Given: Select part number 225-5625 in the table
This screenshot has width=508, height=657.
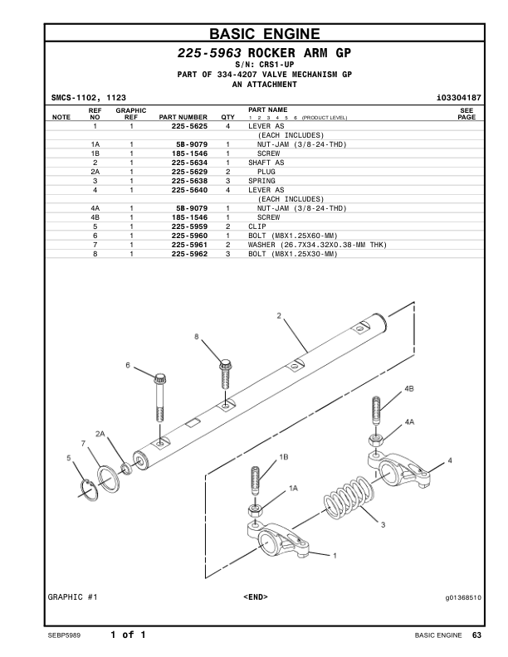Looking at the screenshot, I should coord(189,126).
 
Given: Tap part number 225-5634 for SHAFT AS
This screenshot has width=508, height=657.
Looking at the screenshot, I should coord(189,163).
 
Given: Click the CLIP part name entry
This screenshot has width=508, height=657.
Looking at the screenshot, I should coord(256,226).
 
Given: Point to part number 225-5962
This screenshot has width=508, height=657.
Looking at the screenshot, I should coord(189,254).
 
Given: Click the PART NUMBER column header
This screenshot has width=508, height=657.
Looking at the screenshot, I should coord(183,118).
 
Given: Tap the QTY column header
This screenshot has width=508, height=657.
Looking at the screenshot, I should coord(227,118).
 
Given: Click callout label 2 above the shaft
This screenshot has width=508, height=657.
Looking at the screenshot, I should coord(279,315).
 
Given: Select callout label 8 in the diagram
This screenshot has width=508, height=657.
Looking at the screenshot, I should coord(197,337).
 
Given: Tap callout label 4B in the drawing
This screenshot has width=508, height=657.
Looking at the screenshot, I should coord(409,388).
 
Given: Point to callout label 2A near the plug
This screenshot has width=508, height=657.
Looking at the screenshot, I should coord(101,434).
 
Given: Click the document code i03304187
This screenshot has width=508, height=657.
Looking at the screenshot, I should coord(458,99).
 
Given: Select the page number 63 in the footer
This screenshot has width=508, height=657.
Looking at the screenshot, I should coord(476,635).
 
